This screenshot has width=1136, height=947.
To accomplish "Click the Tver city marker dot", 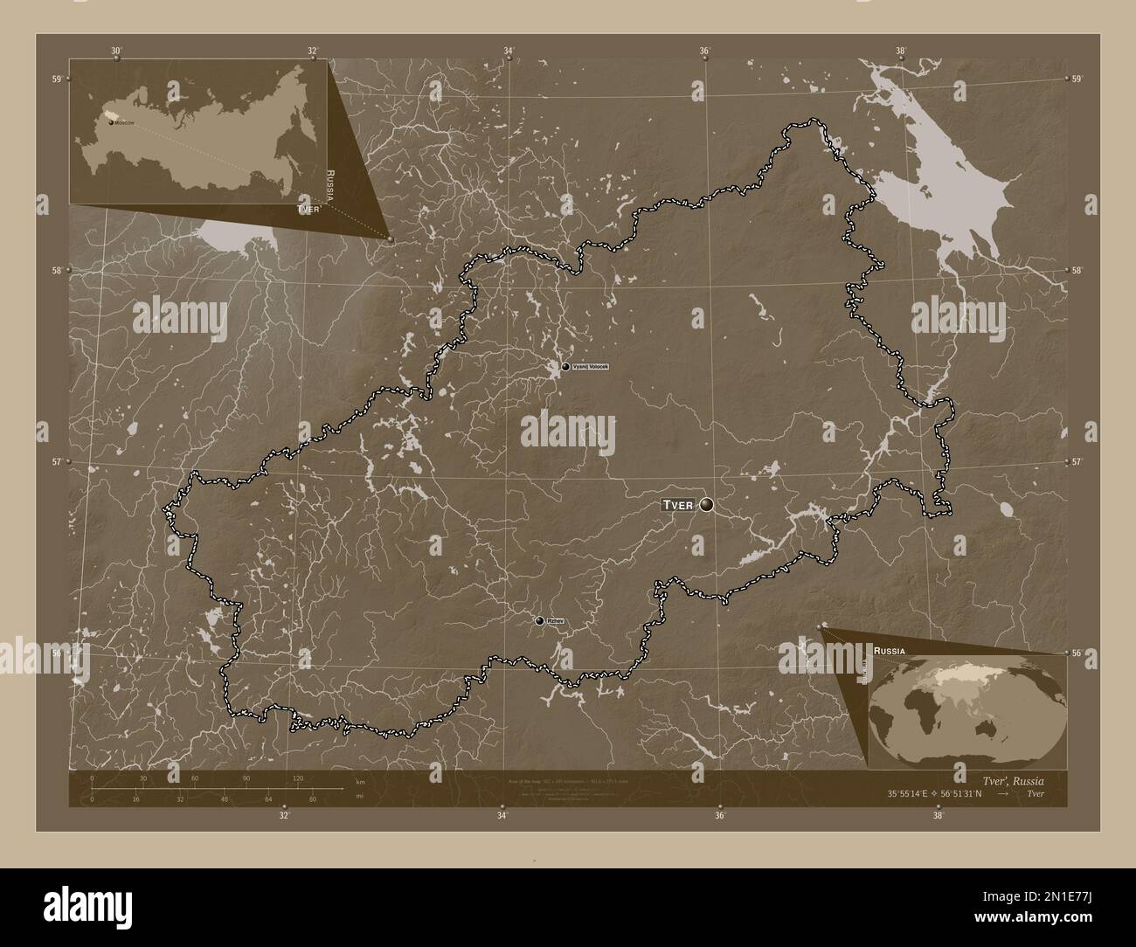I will [x=706, y=504].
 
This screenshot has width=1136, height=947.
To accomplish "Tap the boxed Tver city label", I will [x=677, y=505].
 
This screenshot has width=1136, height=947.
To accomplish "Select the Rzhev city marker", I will [x=540, y=620].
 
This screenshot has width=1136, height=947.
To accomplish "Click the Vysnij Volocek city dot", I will [x=566, y=367].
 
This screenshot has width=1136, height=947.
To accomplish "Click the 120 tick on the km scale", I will [x=297, y=778].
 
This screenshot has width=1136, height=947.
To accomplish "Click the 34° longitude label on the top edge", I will [x=509, y=52].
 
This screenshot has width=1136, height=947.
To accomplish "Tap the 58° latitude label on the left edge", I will [x=56, y=270].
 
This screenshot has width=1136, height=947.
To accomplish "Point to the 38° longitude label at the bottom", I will [x=938, y=816].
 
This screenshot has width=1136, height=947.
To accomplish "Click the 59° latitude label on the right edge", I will [x=1077, y=79].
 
